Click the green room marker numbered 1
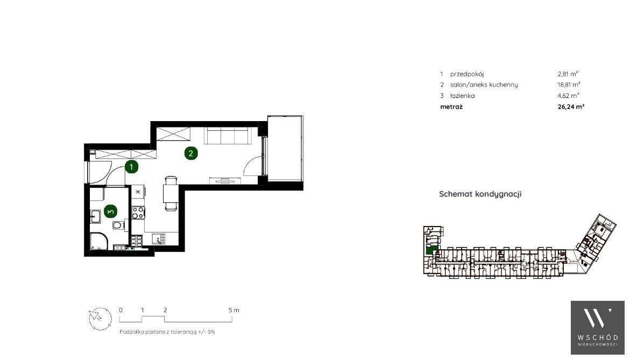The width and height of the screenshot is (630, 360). coord(131,167)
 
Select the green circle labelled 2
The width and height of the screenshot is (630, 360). coord(190,153)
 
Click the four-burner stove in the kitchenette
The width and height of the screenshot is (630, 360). coord(138,212)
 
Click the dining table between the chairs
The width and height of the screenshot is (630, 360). coord(170,194)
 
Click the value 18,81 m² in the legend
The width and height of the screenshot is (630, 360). coord(569,85)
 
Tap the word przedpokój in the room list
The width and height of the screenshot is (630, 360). coord(463,74)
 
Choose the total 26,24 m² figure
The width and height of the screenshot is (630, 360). coord(571,107)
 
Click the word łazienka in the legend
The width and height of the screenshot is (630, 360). coord(462,96)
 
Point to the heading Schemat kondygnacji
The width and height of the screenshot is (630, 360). coord(480,194)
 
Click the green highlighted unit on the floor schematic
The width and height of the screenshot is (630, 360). coord(430,249)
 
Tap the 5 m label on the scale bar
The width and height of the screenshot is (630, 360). coord(233,310)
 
